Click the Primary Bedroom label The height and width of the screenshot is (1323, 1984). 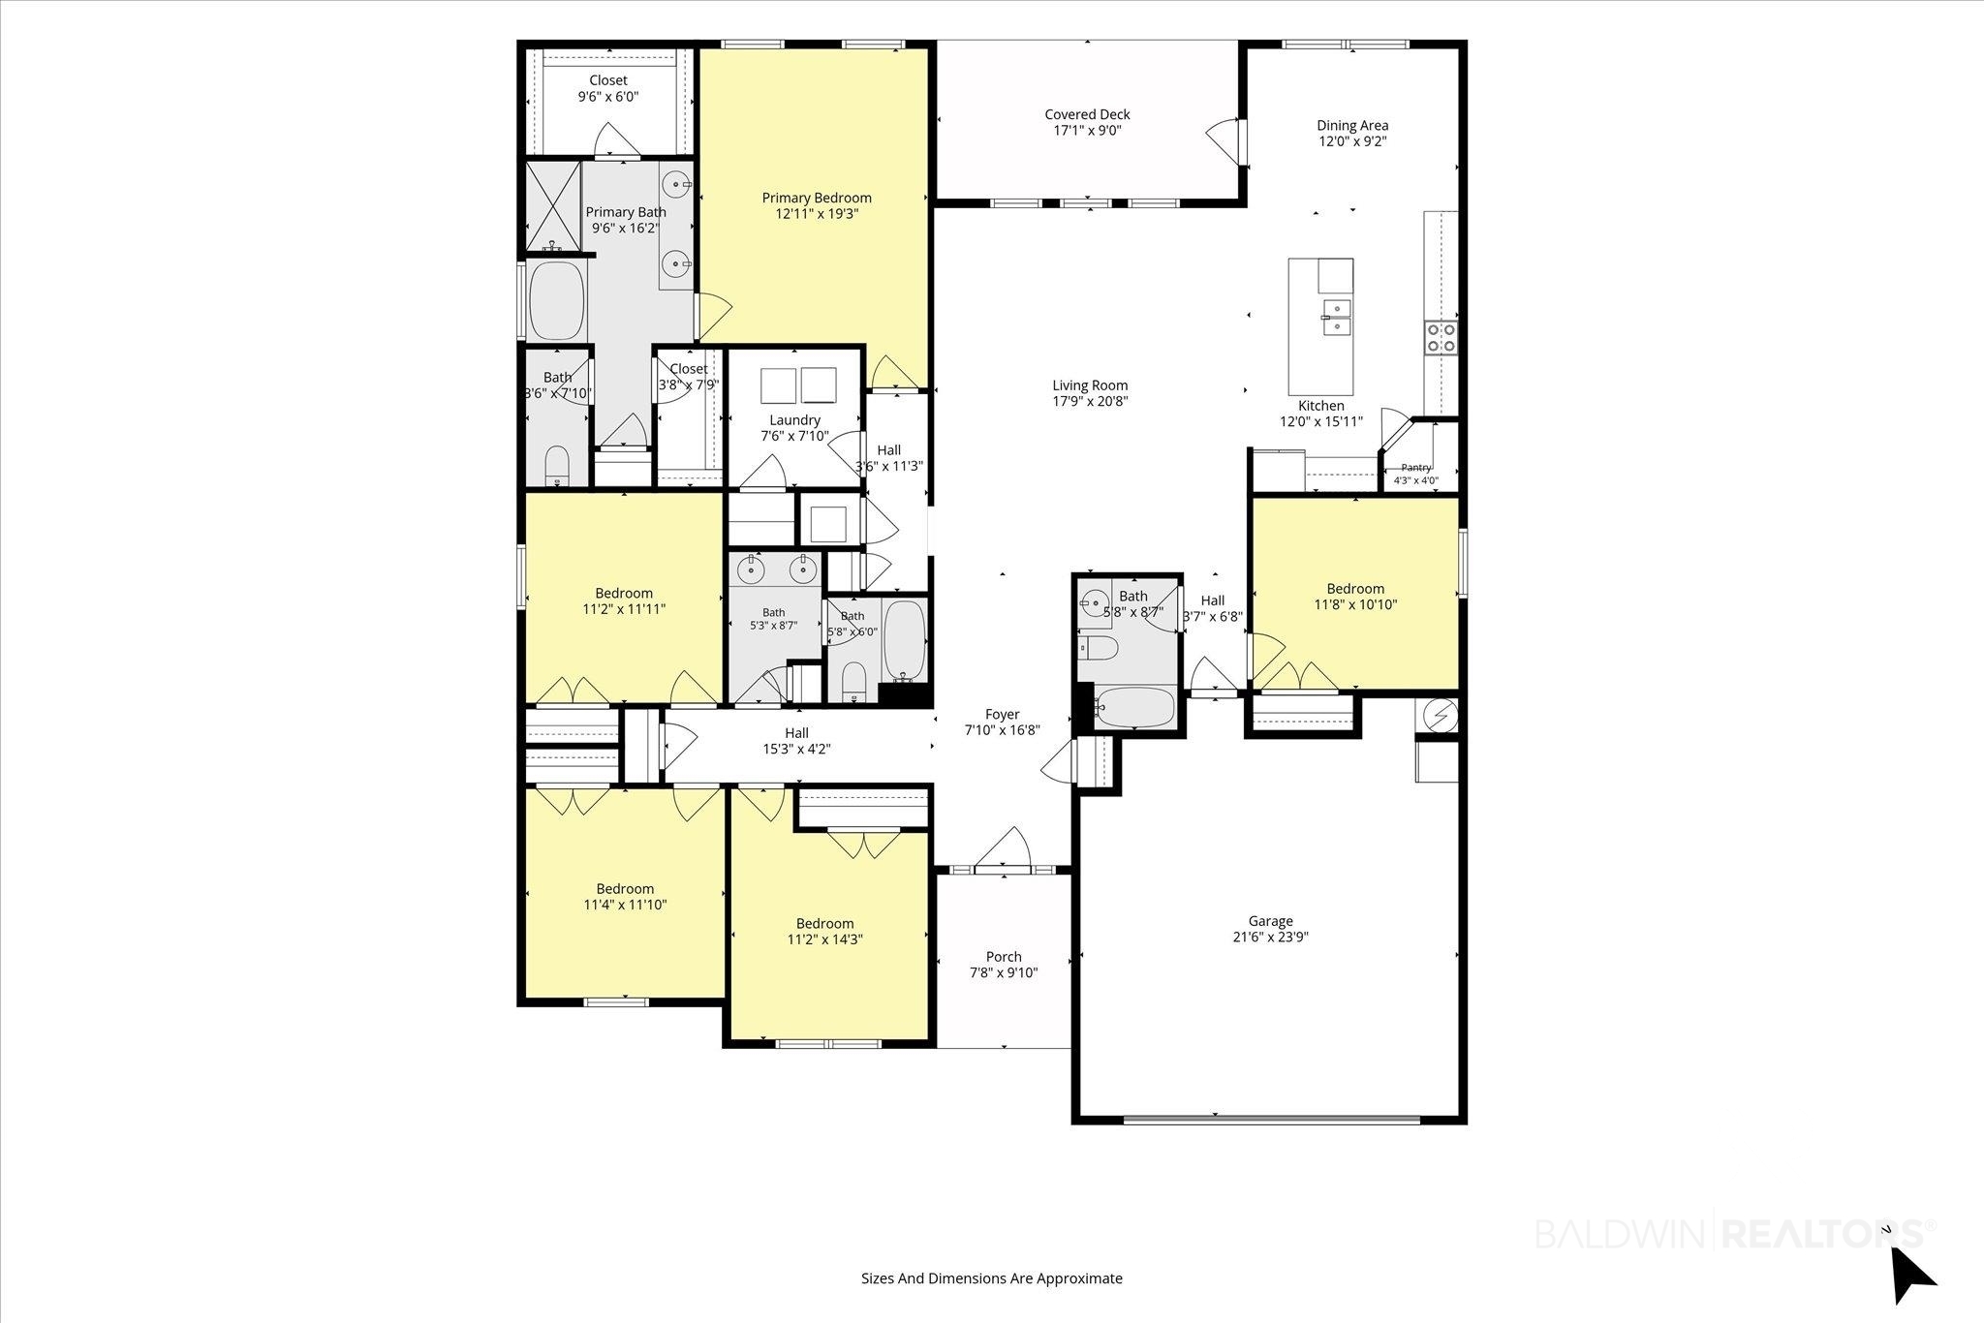tap(816, 198)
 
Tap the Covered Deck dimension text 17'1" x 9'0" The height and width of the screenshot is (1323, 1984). tap(1087, 131)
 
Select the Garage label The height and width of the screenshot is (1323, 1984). tap(1270, 921)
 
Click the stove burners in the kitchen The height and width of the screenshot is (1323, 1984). tap(1441, 337)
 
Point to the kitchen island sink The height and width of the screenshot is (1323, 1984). tap(1336, 317)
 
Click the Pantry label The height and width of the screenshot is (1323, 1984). tap(1415, 468)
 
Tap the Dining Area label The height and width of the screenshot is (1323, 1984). tap(1352, 125)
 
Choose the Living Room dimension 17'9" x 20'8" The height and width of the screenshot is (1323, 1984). tap(1090, 401)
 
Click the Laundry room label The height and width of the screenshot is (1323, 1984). tap(794, 420)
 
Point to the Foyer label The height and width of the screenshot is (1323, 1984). tap(1002, 715)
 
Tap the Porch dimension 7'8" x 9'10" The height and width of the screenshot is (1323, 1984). tap(1004, 972)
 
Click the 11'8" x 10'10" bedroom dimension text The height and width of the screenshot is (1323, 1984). tap(1355, 604)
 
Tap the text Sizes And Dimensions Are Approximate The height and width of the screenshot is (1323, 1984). tap(992, 1278)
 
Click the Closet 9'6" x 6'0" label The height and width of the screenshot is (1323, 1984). tap(608, 88)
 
